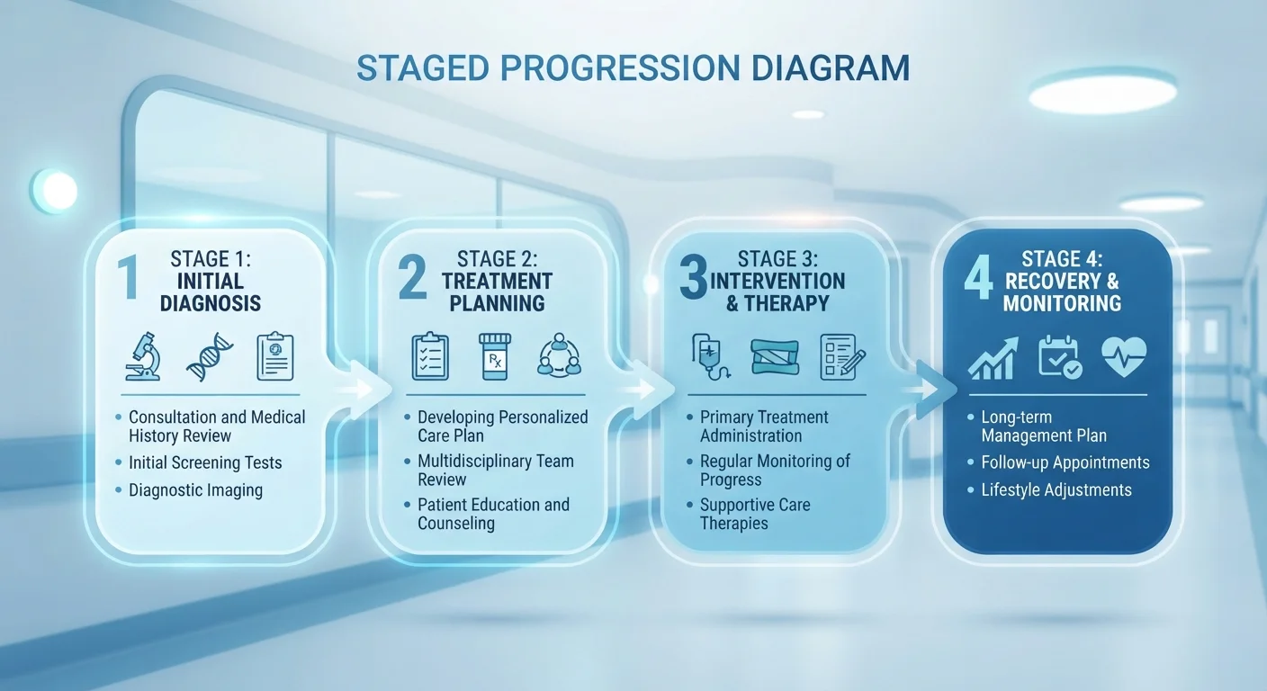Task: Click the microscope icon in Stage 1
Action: (143, 356)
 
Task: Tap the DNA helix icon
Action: (210, 357)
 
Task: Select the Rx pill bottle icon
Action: (495, 356)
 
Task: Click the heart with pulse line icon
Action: (1124, 357)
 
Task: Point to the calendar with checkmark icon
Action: (1060, 357)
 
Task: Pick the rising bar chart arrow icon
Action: (993, 358)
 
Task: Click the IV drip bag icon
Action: (710, 357)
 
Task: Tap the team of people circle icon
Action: (559, 355)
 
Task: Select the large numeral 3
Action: (694, 277)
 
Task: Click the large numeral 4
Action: (978, 277)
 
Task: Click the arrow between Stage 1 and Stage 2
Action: (362, 389)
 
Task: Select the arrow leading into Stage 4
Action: (928, 390)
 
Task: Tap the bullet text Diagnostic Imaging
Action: (195, 490)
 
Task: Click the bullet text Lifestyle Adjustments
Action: (1056, 489)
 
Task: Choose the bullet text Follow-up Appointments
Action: (1065, 462)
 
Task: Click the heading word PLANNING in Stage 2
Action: (498, 303)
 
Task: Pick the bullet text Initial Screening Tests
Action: (205, 462)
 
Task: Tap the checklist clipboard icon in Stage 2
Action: (430, 356)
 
